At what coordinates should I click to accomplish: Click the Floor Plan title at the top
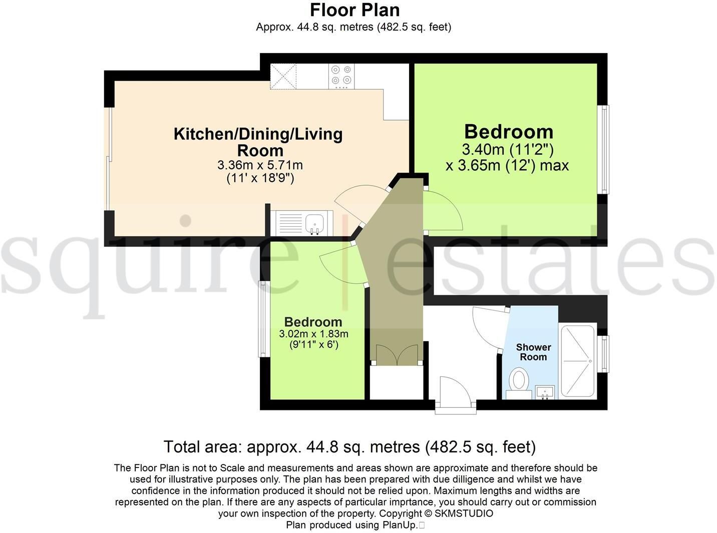point(354,10)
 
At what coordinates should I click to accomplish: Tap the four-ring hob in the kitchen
point(341,76)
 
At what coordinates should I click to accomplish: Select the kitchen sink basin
point(314,223)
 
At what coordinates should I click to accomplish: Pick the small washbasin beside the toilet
point(545,392)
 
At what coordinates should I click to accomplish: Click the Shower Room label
point(533,352)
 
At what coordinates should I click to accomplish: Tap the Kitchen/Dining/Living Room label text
point(258,142)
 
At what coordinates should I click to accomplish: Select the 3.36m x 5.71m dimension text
point(260,165)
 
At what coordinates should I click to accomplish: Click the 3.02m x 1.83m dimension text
point(313,334)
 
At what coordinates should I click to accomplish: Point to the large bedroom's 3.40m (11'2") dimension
point(508,150)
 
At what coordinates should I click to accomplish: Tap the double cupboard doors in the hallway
point(397,354)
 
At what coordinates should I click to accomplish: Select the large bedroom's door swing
point(444,210)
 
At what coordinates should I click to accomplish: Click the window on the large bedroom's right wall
point(605,149)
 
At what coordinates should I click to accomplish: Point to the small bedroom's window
point(262,319)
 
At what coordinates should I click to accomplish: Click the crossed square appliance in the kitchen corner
point(283,76)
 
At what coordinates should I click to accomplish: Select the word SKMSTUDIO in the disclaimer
point(464,513)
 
